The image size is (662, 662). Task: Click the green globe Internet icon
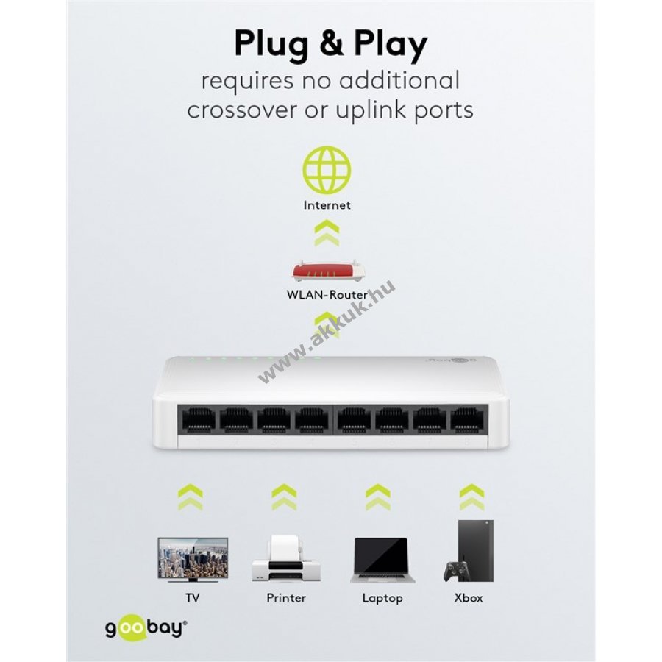[327, 170]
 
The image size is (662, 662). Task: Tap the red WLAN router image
[327, 271]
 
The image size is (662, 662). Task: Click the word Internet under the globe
[327, 205]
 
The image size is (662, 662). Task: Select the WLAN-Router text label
[327, 294]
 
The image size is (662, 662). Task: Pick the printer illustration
[286, 558]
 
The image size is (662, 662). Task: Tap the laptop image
[382, 560]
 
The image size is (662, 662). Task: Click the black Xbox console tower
[476, 550]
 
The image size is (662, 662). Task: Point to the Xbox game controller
[456, 572]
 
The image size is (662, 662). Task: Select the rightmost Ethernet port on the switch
[467, 419]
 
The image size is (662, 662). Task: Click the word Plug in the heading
[271, 44]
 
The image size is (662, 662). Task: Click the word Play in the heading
[391, 44]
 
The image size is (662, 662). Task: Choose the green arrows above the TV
[191, 497]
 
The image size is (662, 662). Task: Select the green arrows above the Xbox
[471, 497]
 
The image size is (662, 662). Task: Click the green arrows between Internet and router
[327, 234]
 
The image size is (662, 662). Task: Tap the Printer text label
[286, 598]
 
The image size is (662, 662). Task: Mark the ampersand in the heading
[331, 44]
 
